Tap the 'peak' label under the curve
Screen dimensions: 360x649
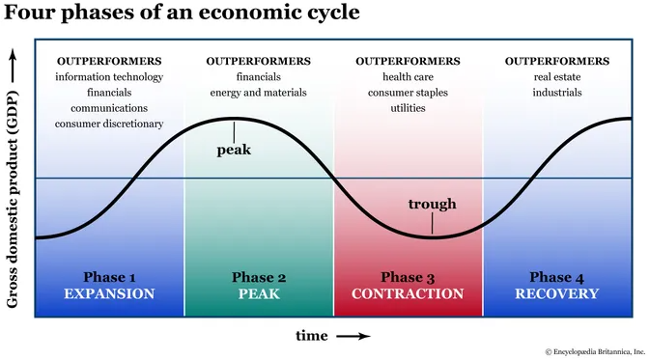pyautogui.click(x=235, y=150)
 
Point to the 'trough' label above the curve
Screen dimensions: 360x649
pyautogui.click(x=432, y=204)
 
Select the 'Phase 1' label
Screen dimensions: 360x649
pyautogui.click(x=109, y=278)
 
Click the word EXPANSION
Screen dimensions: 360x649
pyautogui.click(x=109, y=294)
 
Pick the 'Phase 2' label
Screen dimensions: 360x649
pyautogui.click(x=259, y=278)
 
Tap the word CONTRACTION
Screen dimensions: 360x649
pyautogui.click(x=408, y=294)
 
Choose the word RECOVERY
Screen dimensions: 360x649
pyautogui.click(x=557, y=294)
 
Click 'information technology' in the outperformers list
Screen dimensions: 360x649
pyautogui.click(x=109, y=77)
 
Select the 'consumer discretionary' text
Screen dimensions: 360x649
pyautogui.click(x=109, y=124)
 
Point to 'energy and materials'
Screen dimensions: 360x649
pyautogui.click(x=259, y=93)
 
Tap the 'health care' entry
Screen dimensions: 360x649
pyautogui.click(x=408, y=77)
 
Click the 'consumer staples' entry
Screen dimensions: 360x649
pyautogui.click(x=408, y=93)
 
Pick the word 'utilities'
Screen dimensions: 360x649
pyautogui.click(x=408, y=108)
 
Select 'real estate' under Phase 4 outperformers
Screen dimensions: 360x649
pyautogui.click(x=557, y=77)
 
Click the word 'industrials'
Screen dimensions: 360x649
pyautogui.click(x=557, y=93)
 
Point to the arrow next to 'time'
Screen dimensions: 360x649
pyautogui.click(x=353, y=336)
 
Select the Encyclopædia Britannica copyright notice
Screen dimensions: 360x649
pyautogui.click(x=592, y=351)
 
